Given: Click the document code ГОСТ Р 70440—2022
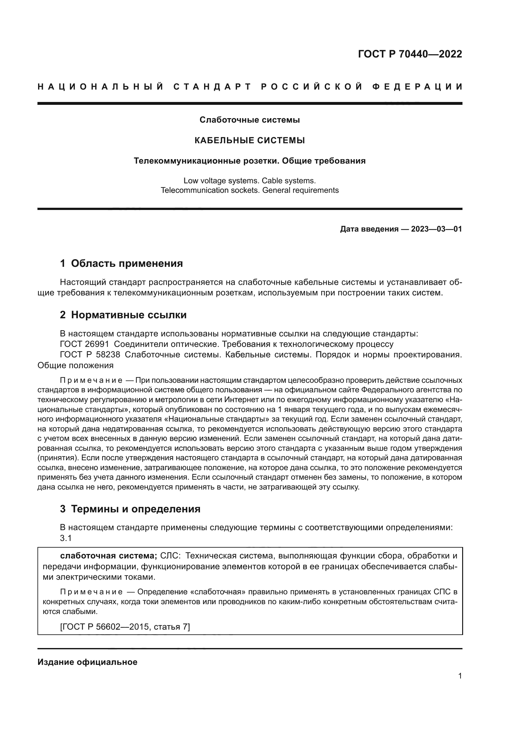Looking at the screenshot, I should [x=410, y=54].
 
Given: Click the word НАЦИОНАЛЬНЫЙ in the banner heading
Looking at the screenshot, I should [x=101, y=87].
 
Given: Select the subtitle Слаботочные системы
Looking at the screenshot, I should [x=249, y=120].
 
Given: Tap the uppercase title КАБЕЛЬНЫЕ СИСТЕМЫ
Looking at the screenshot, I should [x=249, y=140].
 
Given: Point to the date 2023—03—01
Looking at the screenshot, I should [x=436, y=229].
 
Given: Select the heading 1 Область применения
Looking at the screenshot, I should [x=122, y=263].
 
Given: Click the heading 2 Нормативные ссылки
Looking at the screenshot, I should [x=123, y=314].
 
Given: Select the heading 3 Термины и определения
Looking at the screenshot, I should [x=130, y=509].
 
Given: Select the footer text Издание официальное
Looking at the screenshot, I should [x=87, y=662].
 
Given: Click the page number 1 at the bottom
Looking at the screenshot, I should [x=460, y=676].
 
